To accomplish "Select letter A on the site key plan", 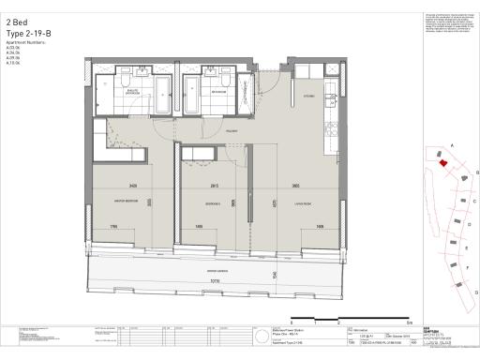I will coord(452,146).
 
